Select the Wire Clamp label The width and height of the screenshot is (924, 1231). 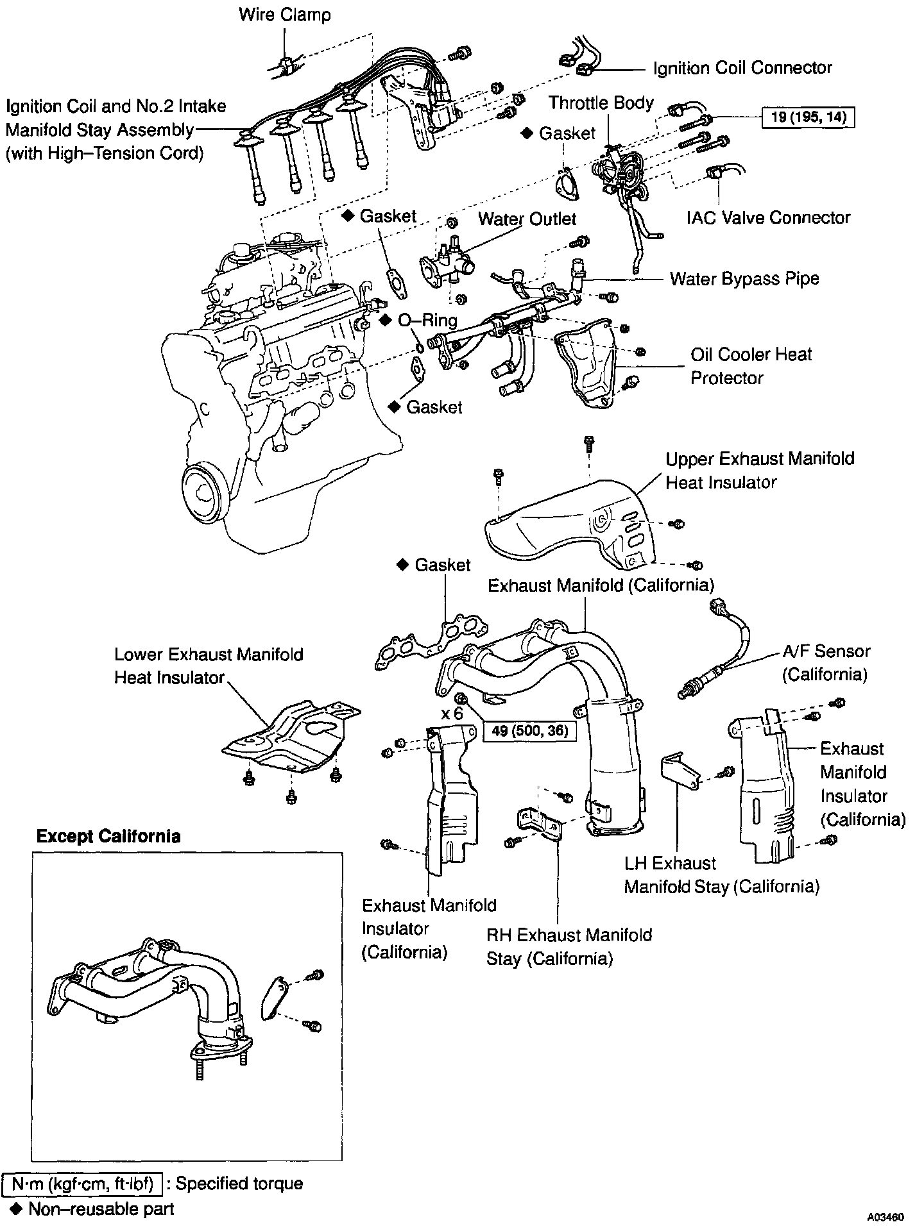pyautogui.click(x=284, y=14)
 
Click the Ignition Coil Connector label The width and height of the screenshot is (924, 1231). pyautogui.click(x=742, y=68)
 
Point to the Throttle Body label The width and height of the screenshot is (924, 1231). pyautogui.click(x=601, y=103)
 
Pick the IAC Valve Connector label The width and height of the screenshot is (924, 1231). pyautogui.click(x=768, y=218)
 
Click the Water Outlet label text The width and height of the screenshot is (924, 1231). pyautogui.click(x=527, y=219)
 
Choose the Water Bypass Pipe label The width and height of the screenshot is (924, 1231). pyautogui.click(x=744, y=279)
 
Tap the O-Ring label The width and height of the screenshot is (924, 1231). pyautogui.click(x=427, y=320)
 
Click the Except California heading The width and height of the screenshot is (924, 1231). pyautogui.click(x=108, y=836)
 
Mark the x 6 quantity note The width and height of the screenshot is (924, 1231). pyautogui.click(x=452, y=713)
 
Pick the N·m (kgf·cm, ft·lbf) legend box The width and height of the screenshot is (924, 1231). pyautogui.click(x=81, y=1184)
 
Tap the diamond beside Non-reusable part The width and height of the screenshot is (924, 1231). pyautogui.click(x=17, y=1209)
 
